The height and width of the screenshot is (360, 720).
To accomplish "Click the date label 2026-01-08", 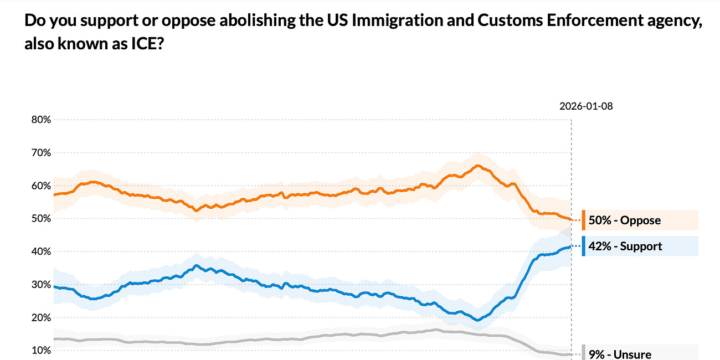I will coord(586,106).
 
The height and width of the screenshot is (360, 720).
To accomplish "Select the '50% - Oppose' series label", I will coord(624,220).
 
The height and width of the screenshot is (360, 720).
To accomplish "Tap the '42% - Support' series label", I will coord(625,246).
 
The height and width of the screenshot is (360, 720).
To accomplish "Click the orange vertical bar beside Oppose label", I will coord(583,220).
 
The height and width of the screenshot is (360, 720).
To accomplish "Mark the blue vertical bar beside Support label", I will coord(583,246).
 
